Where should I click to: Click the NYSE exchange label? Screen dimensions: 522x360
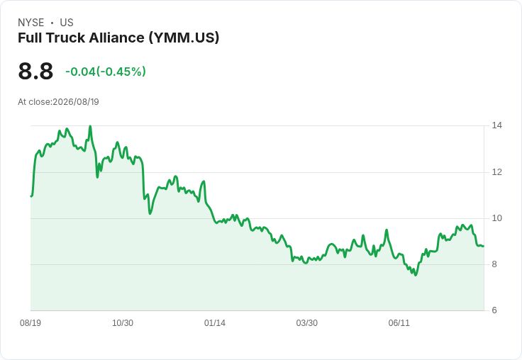pos(31,23)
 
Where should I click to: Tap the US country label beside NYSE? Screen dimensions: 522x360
pos(67,23)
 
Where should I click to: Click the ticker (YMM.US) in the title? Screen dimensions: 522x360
pos(184,38)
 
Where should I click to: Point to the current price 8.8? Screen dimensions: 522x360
pos(35,71)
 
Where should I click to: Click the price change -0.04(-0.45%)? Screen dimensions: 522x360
pos(106,72)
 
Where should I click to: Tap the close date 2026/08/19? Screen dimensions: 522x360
pos(76,102)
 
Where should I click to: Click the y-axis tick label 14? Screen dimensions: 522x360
pos(497,125)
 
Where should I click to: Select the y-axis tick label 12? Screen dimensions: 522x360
pos(497,172)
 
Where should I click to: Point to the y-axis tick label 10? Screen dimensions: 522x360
pos(497,218)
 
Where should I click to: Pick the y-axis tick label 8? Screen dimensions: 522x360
pos(494,264)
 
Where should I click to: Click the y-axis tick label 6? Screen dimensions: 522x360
pos(494,310)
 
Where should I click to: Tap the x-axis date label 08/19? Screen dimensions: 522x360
pos(30,323)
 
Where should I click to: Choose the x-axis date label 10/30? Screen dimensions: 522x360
pos(123,323)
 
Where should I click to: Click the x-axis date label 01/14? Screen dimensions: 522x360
pos(215,323)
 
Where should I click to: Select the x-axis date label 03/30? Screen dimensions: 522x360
pos(307,323)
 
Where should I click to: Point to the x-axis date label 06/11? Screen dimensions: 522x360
pos(399,323)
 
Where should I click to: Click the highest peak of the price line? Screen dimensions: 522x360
pos(90,126)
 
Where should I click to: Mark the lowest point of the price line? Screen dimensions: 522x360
pos(416,275)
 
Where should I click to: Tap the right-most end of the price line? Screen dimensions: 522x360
pos(484,246)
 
